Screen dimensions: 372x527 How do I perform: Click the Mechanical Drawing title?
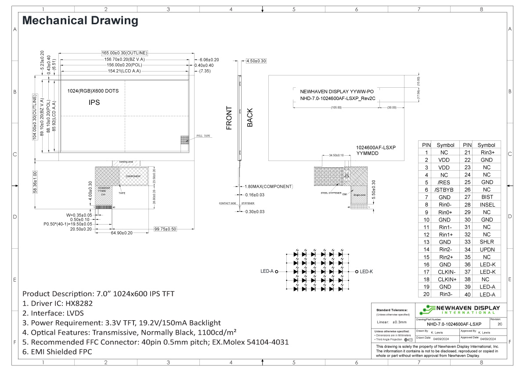click(x=80, y=21)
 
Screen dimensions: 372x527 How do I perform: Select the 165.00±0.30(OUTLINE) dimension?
click(x=124, y=53)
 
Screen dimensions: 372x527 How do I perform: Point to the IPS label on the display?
click(x=94, y=102)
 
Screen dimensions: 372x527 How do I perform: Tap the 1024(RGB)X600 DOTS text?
click(x=93, y=91)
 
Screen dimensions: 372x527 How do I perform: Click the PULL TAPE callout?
click(x=204, y=136)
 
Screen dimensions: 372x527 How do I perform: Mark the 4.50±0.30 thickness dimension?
click(x=256, y=61)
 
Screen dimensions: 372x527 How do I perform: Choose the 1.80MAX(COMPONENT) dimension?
click(x=268, y=186)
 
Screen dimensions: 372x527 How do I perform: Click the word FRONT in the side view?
click(x=229, y=118)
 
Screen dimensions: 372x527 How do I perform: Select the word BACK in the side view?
click(x=250, y=118)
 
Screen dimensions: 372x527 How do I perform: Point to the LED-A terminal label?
click(x=267, y=272)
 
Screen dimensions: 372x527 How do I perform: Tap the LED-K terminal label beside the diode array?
click(x=366, y=272)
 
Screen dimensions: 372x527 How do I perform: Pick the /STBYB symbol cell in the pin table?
click(x=445, y=190)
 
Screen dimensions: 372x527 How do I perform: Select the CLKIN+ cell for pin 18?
click(x=445, y=279)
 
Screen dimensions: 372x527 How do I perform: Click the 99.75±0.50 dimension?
click(x=165, y=229)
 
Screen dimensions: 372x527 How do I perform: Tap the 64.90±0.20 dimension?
click(x=122, y=233)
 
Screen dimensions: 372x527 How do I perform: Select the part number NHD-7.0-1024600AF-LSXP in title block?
click(x=441, y=324)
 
